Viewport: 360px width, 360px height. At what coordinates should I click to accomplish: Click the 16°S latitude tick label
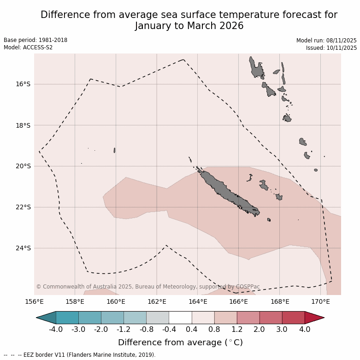(x=23, y=84)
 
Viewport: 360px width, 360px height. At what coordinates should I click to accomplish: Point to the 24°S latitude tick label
(x=23, y=248)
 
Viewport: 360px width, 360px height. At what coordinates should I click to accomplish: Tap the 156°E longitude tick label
(x=34, y=302)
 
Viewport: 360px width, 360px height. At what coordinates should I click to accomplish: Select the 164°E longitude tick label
(x=198, y=302)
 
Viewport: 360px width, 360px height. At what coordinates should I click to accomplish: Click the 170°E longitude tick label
(x=320, y=302)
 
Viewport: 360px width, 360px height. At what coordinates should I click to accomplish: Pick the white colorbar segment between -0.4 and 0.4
(x=180, y=318)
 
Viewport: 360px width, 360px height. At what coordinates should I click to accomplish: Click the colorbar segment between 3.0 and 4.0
(x=293, y=318)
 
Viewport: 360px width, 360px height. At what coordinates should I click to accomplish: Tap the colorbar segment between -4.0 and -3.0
(x=67, y=318)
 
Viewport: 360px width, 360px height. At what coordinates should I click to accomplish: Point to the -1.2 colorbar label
(x=124, y=330)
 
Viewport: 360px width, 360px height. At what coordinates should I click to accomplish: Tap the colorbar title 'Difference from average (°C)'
(x=180, y=342)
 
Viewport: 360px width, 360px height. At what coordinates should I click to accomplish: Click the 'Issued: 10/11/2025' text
(x=331, y=47)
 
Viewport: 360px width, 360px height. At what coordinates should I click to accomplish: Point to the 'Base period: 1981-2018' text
(x=35, y=40)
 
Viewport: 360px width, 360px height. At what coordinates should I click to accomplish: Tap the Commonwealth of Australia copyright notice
(x=148, y=287)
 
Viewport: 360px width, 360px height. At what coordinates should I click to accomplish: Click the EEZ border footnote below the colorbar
(x=79, y=355)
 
